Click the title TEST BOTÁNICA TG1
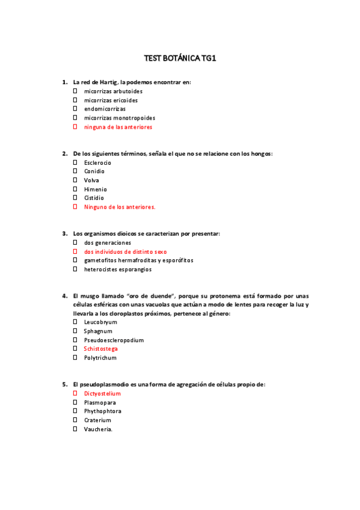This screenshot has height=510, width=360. coord(180,58)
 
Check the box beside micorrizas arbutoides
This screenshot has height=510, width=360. coord(76,91)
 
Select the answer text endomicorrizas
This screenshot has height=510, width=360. coord(105,109)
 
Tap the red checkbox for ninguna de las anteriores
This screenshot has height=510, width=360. coord(76,127)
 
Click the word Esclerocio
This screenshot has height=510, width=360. coord(97,163)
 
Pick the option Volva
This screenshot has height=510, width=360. coord(91,180)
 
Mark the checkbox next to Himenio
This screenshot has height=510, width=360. coord(76,189)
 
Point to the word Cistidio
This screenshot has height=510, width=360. coord(94,198)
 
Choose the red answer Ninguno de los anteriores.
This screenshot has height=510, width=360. coord(120,207)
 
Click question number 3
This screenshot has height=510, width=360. coord(64,233)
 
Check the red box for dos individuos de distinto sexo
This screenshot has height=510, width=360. coord(76,251)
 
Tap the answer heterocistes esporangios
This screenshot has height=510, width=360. coord(118,269)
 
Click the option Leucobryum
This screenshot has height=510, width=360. coord(100,322)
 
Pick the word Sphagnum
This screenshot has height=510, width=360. coord(98,331)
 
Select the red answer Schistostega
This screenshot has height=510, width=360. coord(100,349)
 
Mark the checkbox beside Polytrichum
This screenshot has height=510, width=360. coord(76,358)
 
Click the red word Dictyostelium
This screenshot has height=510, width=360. coord(102,394)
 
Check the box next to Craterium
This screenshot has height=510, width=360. coord(76,420)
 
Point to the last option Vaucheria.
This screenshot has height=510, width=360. coord(98,429)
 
